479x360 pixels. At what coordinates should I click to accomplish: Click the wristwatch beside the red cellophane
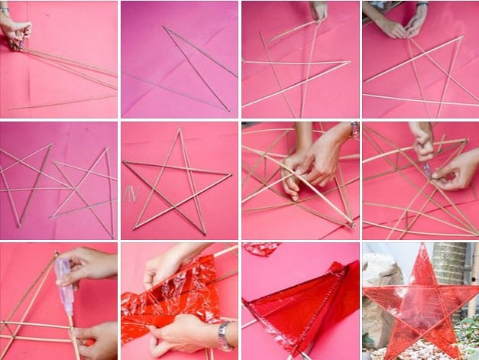(223, 335)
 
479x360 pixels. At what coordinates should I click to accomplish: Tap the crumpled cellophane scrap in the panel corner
(261, 249)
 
